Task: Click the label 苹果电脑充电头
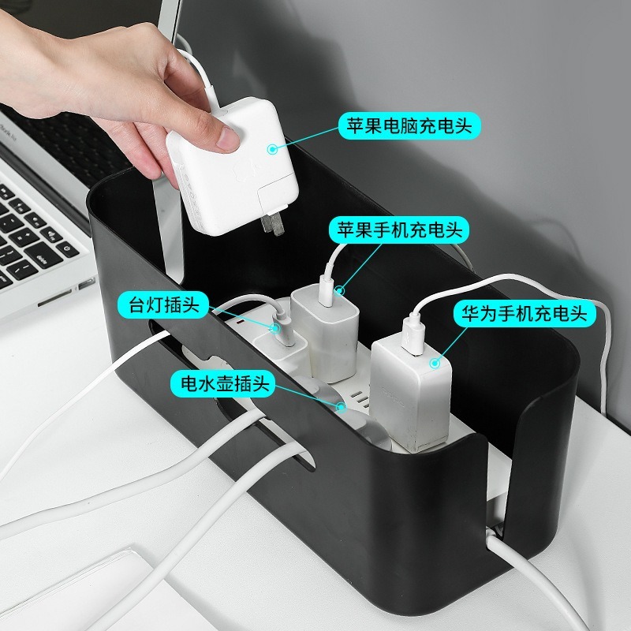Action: (x=409, y=126)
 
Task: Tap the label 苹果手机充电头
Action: (x=399, y=230)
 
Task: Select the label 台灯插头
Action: (x=164, y=304)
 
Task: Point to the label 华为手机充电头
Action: (x=524, y=313)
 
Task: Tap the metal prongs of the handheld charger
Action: (x=272, y=224)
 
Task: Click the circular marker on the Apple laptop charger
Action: (x=273, y=149)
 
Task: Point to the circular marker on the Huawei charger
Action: (x=434, y=364)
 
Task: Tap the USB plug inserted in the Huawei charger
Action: (x=413, y=336)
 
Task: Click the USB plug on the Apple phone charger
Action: (x=328, y=290)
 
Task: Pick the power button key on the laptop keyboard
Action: (x=67, y=249)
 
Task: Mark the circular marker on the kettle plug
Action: (x=342, y=407)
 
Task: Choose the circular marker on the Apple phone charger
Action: (x=340, y=290)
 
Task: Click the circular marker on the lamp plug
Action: (x=274, y=328)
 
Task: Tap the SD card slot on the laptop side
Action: (x=54, y=298)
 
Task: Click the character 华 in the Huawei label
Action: (x=470, y=313)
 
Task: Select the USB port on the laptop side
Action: (x=86, y=284)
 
